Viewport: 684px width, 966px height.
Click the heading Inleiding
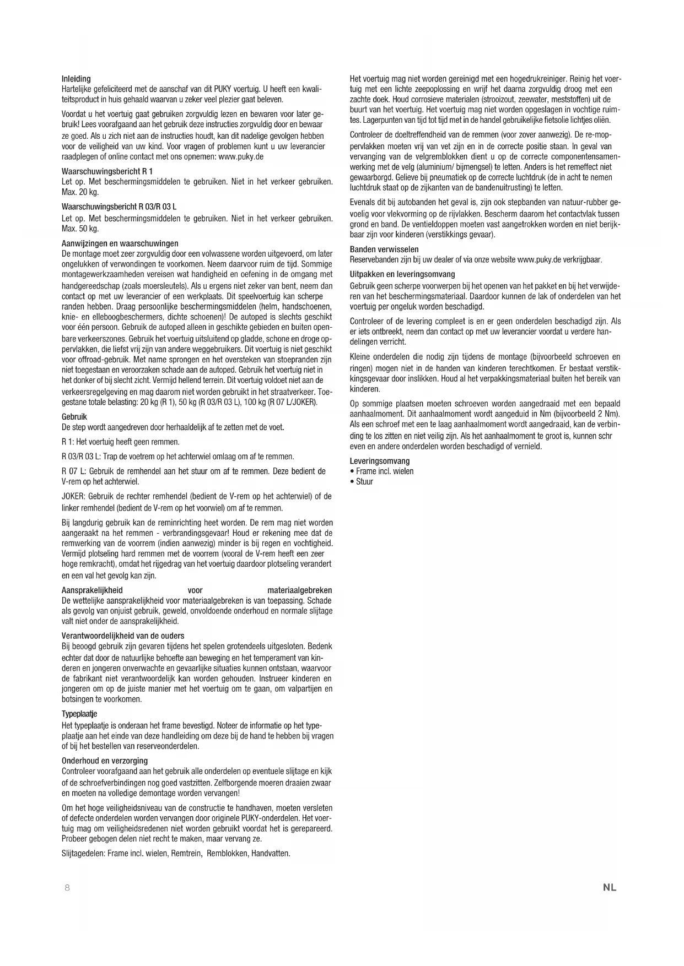coord(76,79)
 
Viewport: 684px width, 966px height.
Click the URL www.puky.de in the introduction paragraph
coord(241,157)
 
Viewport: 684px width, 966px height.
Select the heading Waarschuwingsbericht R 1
coord(107,171)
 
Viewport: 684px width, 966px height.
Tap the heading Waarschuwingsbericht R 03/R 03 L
coord(119,207)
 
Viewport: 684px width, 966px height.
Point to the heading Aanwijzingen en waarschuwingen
coord(120,243)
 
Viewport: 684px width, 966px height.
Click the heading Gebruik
coord(74,417)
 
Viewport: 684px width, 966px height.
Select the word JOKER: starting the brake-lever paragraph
coord(73,497)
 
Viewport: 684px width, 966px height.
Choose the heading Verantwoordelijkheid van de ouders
coord(123,636)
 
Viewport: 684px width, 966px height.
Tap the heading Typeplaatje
coord(79,714)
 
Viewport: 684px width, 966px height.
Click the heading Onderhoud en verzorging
coord(105,761)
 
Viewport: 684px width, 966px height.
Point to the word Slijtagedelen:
coord(83,854)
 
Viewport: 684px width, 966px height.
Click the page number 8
coord(67,887)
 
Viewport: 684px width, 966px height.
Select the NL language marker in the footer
coord(609,887)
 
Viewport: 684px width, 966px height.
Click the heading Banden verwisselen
coord(384,249)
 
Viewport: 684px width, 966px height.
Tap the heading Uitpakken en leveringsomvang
coord(402,274)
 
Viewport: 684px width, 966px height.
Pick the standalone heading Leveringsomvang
coord(380,461)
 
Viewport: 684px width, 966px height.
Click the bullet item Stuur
coord(364,482)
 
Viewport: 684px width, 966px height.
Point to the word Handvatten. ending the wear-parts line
coord(271,854)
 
